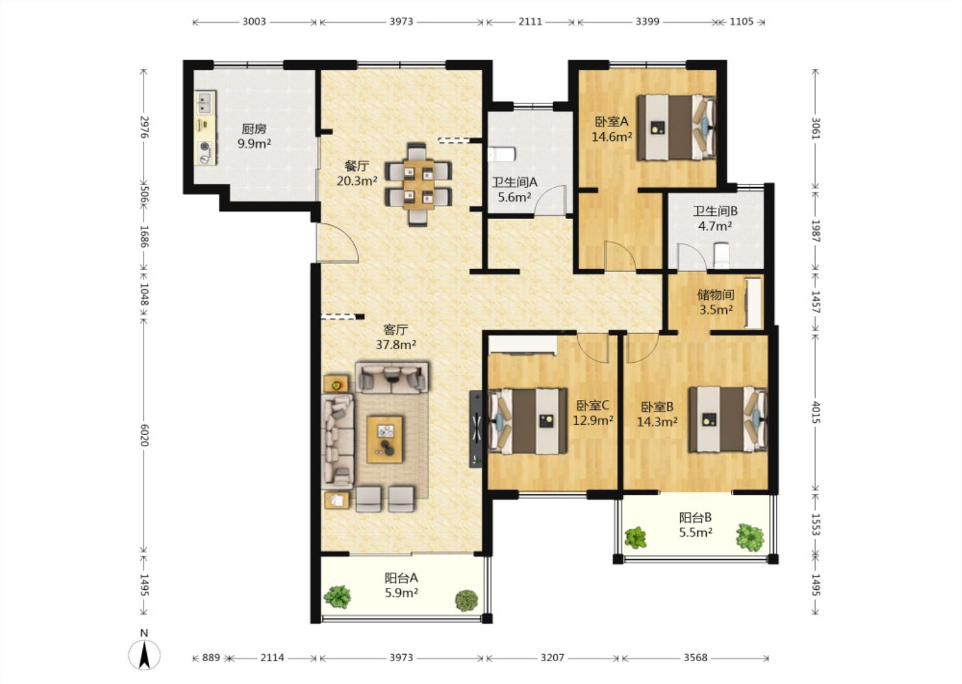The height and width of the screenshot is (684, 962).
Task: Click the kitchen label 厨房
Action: [254, 129]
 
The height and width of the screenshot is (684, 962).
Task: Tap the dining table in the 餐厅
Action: [418, 184]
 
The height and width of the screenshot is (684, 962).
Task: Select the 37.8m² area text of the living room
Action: [395, 345]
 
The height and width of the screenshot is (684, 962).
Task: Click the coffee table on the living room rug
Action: [385, 440]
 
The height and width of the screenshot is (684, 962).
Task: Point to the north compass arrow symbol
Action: [144, 655]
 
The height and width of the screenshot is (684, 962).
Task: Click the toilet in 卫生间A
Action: [502, 154]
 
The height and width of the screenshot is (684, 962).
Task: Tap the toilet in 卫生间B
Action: [721, 255]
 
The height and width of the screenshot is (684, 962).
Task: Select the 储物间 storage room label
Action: [715, 295]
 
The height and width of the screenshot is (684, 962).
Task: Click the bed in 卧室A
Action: [676, 128]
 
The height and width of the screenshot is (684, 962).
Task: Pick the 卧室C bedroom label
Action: [593, 405]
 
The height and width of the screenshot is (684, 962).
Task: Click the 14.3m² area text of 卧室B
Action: [657, 422]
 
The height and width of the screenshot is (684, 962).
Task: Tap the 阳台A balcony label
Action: [401, 578]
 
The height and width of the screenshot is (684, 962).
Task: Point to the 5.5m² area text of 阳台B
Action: [695, 532]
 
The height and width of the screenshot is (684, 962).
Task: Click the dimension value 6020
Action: [144, 435]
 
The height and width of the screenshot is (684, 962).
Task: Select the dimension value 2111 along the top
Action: [530, 21]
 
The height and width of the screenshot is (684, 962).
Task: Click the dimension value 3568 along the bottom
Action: [695, 657]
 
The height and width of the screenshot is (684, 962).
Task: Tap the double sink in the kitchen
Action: [205, 102]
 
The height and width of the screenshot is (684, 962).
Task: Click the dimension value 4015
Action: [816, 412]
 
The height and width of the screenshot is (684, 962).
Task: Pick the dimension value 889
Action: [211, 657]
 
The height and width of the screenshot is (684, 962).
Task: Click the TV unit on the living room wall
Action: [476, 429]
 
